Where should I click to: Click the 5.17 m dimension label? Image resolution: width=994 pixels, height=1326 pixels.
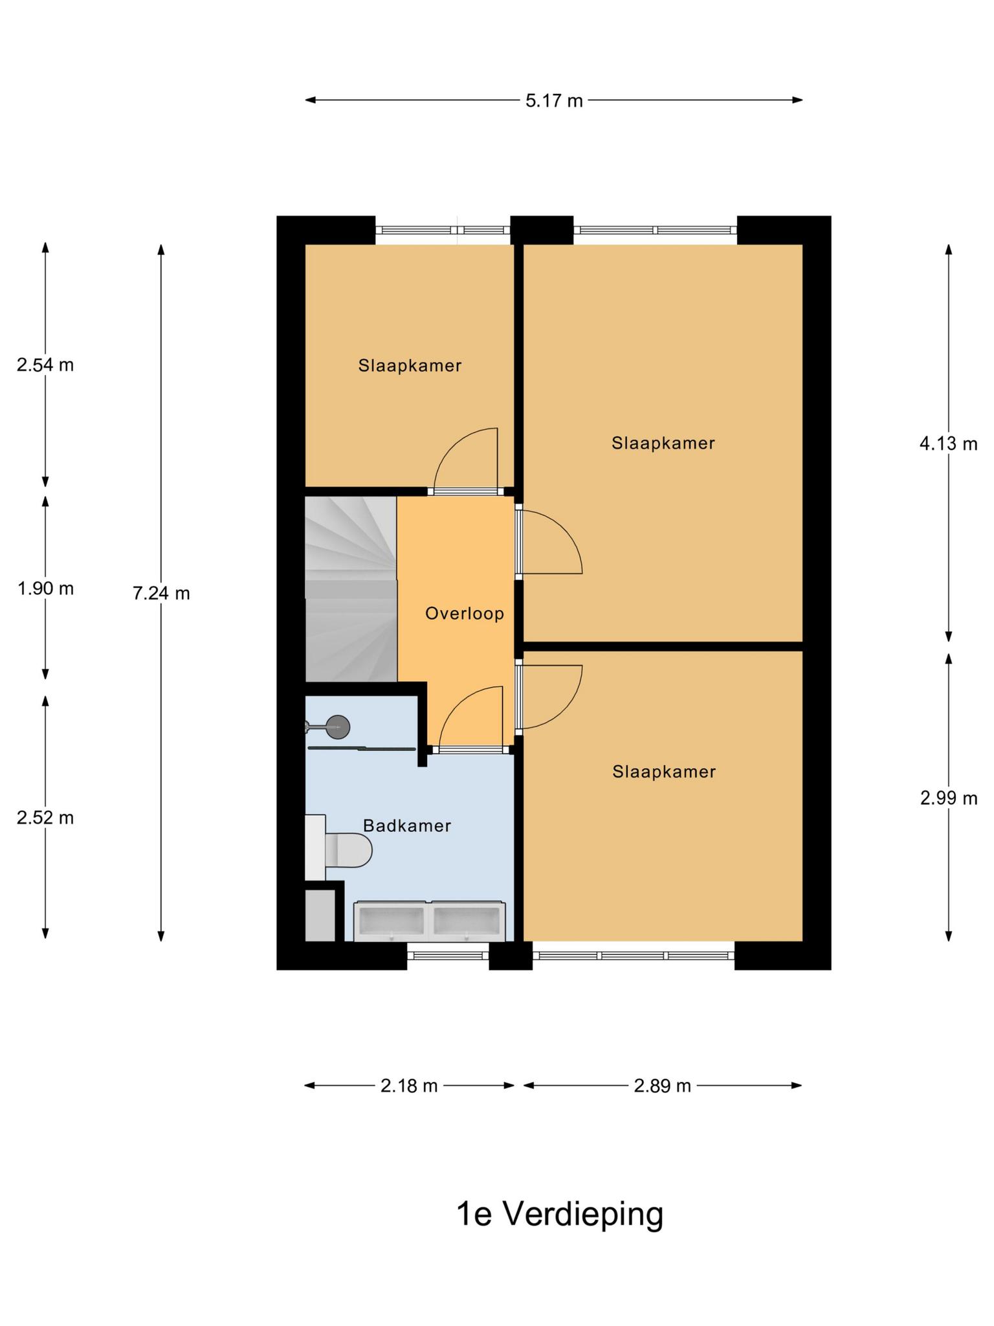coord(554,101)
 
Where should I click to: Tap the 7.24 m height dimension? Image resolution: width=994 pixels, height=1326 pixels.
coord(161,593)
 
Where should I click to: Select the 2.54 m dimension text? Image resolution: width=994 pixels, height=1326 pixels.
coord(45,365)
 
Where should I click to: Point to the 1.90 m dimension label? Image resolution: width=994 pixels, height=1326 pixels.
coord(45,589)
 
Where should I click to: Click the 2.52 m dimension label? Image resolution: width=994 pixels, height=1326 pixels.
coord(45,818)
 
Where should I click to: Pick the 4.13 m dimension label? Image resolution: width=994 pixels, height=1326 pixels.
coord(949,444)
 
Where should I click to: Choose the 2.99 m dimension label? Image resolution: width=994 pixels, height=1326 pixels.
coord(949,798)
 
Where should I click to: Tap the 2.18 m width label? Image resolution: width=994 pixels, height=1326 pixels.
coord(409,1086)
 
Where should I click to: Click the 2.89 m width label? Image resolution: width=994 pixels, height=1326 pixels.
coord(663,1086)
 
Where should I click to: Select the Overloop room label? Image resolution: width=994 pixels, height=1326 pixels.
coord(465,613)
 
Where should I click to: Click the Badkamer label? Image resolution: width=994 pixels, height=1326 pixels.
coord(407,826)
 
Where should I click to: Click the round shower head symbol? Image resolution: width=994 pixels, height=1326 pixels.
coord(338,727)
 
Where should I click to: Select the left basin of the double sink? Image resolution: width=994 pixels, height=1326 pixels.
coord(392,920)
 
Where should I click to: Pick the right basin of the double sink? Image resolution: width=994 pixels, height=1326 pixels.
coord(467,920)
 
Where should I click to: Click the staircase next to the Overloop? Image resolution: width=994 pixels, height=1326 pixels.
coord(351,589)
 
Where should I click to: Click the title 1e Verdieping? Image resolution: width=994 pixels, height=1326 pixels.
coord(560,1214)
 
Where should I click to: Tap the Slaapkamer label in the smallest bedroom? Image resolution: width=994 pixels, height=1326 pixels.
coord(410,366)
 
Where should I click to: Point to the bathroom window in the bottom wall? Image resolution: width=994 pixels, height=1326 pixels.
coord(448,956)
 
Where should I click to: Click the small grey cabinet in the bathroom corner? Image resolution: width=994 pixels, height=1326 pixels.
coord(320,916)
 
